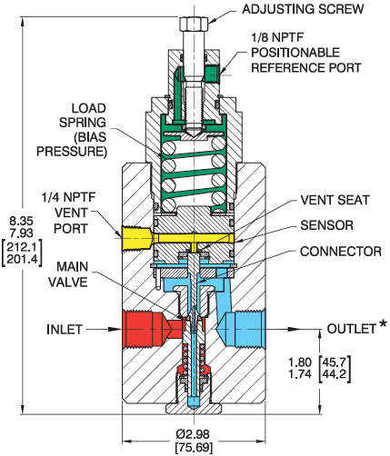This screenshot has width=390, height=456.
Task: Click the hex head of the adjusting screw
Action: point(194,25)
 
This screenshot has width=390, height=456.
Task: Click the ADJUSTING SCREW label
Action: point(303,9)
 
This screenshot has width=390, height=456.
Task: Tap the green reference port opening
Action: point(212,74)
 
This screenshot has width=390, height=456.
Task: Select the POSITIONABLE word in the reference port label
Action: point(295,53)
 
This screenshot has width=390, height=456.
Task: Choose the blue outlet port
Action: point(243,329)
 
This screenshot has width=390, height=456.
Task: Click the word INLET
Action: point(65,330)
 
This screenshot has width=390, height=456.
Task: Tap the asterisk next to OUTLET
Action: point(383,324)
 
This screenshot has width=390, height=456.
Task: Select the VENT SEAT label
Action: point(335,200)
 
